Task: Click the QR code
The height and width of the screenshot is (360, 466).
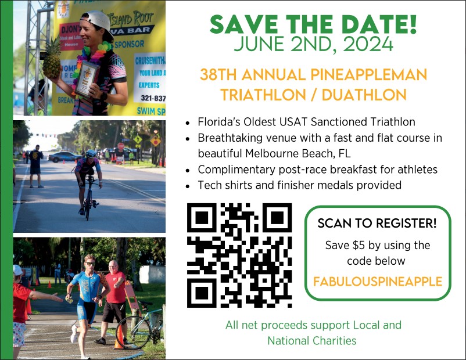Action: pyautogui.click(x=239, y=255)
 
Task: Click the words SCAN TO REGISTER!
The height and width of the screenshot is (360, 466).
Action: pyautogui.click(x=377, y=224)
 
